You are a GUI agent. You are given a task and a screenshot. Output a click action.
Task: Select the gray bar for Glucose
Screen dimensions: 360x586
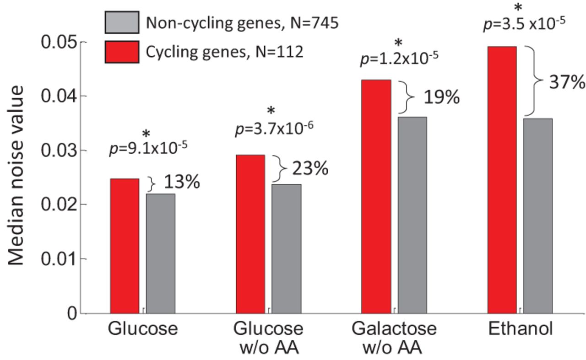click(161, 253)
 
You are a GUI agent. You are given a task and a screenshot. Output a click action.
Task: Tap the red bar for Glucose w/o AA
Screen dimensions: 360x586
click(250, 234)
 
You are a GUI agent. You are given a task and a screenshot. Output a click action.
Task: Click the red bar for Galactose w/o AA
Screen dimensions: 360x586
click(376, 196)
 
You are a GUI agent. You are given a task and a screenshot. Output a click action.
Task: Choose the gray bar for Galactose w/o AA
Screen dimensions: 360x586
click(412, 215)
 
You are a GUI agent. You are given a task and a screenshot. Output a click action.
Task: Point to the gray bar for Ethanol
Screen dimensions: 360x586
click(538, 215)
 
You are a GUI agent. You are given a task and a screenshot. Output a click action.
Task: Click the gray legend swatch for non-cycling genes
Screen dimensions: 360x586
click(121, 22)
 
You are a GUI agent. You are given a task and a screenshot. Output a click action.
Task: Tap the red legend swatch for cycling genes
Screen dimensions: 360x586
click(121, 52)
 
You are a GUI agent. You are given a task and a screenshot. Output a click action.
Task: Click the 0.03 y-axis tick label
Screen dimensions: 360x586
click(57, 150)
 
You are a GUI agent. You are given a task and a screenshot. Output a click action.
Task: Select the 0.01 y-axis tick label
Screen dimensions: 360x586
click(57, 259)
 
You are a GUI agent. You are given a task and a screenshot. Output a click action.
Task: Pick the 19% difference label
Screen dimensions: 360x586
click(440, 97)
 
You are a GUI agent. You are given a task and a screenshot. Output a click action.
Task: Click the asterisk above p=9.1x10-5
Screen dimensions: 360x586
click(146, 134)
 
